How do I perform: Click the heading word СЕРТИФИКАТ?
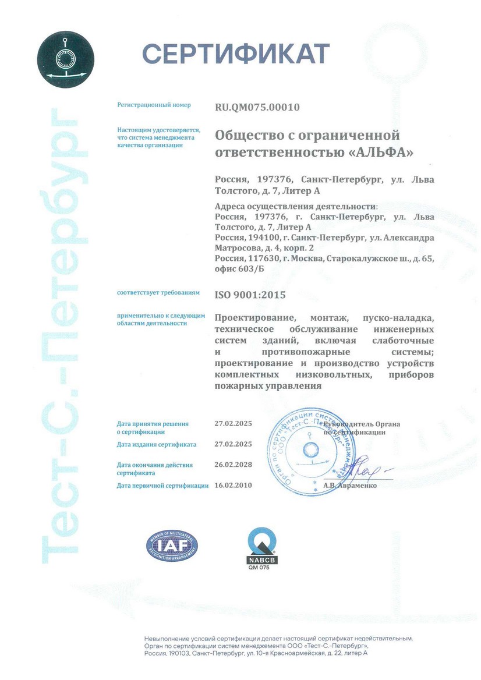(236, 54)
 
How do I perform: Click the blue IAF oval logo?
(172, 546)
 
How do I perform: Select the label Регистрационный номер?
(154, 106)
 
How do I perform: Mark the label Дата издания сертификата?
(156, 444)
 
